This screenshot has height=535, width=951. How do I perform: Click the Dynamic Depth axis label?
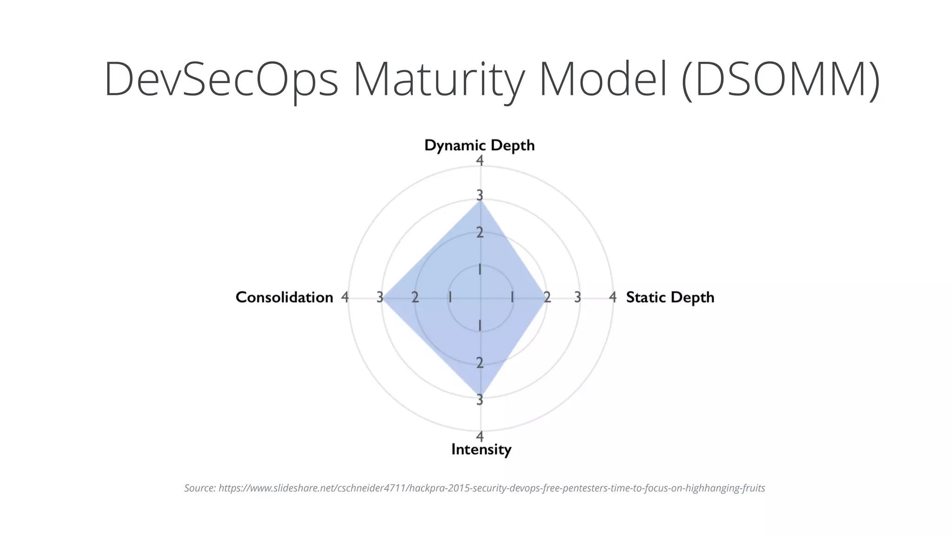(x=479, y=145)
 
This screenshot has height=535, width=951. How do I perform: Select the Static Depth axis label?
(x=670, y=297)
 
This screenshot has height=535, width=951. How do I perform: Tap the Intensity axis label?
(x=481, y=449)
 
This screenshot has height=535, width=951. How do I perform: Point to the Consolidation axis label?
(x=284, y=297)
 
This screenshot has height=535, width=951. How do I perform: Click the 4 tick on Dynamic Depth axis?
(x=480, y=161)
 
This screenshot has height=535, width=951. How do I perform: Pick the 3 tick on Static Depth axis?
(x=577, y=297)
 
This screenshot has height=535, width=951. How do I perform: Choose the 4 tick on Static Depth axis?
(x=613, y=297)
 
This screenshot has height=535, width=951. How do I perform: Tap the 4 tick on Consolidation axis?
(x=345, y=297)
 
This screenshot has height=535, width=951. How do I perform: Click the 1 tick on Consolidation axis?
(x=450, y=297)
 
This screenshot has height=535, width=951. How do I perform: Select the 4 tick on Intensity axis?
(x=480, y=437)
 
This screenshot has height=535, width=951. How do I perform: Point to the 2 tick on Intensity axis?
(x=480, y=363)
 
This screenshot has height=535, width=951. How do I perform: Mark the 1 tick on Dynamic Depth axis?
(x=480, y=270)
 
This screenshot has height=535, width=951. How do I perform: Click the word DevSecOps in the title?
(x=221, y=79)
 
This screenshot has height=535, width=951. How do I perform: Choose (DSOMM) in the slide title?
(x=780, y=79)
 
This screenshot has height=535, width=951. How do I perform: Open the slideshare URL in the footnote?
(x=491, y=488)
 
